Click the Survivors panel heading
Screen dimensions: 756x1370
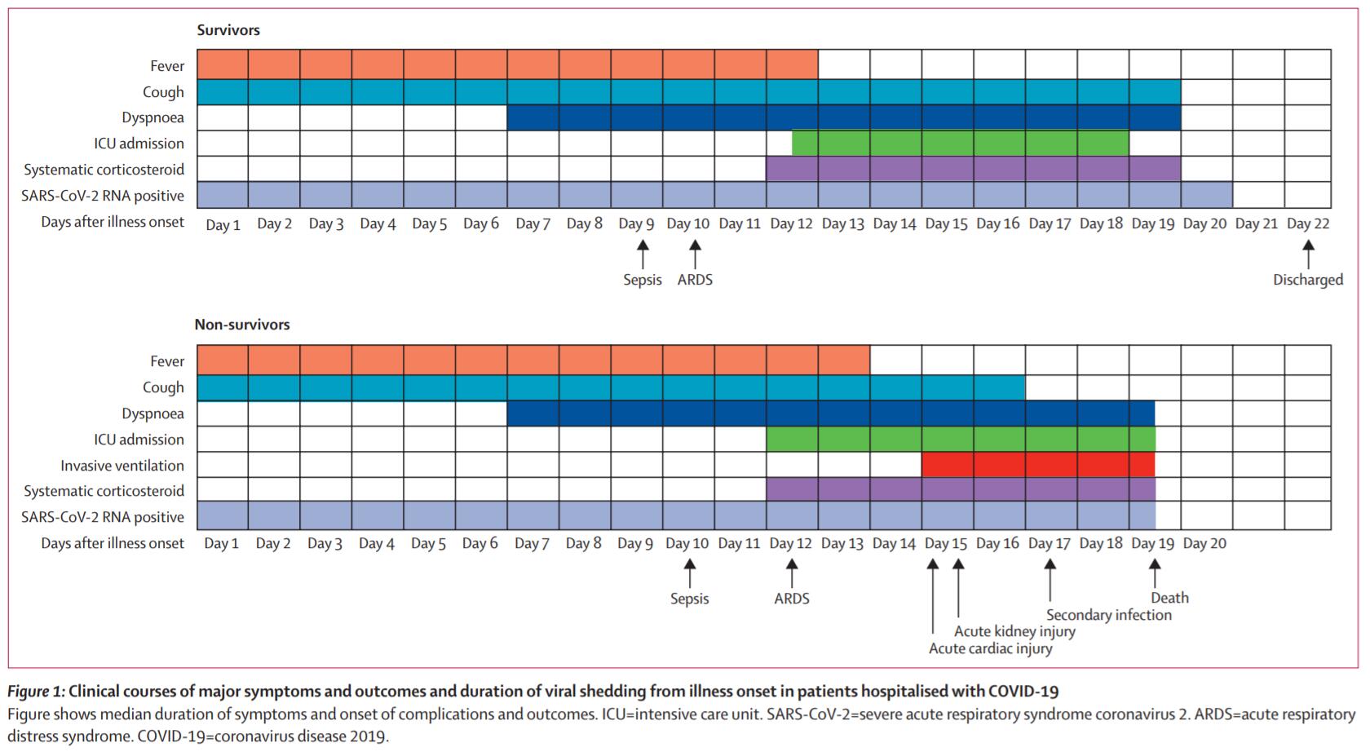click(228, 30)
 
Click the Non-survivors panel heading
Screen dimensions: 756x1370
click(242, 325)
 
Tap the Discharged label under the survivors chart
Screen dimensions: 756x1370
click(1307, 280)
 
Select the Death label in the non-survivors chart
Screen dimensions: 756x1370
click(1169, 598)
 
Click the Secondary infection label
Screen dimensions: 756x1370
click(1108, 615)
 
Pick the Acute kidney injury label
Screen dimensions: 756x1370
click(1014, 631)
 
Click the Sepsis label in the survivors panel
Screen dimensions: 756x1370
click(643, 280)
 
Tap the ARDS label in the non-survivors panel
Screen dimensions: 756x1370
click(791, 599)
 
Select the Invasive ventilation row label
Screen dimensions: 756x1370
click(122, 466)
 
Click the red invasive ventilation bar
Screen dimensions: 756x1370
click(1037, 465)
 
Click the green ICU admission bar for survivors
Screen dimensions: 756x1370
click(960, 144)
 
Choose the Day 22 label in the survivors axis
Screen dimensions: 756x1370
click(1307, 223)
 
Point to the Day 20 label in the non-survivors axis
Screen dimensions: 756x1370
click(1204, 543)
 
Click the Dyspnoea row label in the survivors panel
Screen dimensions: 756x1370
click(152, 117)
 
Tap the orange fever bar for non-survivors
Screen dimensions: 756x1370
click(533, 360)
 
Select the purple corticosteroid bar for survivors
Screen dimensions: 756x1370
click(973, 170)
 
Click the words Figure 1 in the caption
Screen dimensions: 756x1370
click(35, 692)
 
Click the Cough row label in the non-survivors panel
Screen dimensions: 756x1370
click(163, 387)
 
